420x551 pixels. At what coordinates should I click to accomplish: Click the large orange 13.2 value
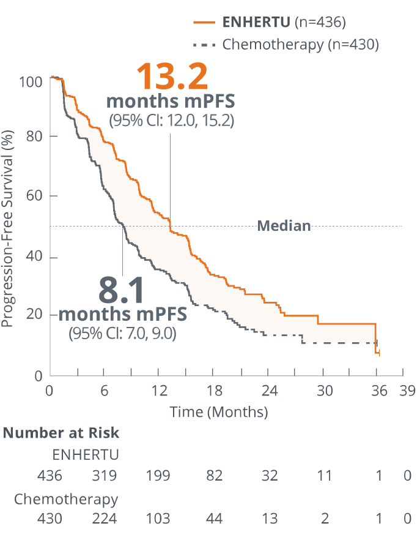[x=172, y=77]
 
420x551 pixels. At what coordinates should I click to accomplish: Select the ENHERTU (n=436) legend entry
[x=270, y=23]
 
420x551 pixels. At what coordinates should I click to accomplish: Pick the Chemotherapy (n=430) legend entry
[x=286, y=44]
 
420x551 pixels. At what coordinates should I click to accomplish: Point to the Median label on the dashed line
[x=284, y=227]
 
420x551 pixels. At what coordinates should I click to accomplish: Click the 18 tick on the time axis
[x=214, y=391]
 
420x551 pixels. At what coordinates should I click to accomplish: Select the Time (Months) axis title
[x=218, y=412]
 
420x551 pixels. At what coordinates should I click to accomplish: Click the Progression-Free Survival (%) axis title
[x=8, y=228]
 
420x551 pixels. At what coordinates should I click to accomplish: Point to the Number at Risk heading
[x=62, y=433]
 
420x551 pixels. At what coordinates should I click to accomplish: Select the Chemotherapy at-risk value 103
[x=158, y=519]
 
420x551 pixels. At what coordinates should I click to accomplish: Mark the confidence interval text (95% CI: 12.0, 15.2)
[x=171, y=120]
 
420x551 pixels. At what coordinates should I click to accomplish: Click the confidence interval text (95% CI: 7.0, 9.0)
[x=122, y=334]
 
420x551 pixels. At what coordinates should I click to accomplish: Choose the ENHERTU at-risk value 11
[x=324, y=476]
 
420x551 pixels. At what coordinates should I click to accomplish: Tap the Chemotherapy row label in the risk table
[x=66, y=499]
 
